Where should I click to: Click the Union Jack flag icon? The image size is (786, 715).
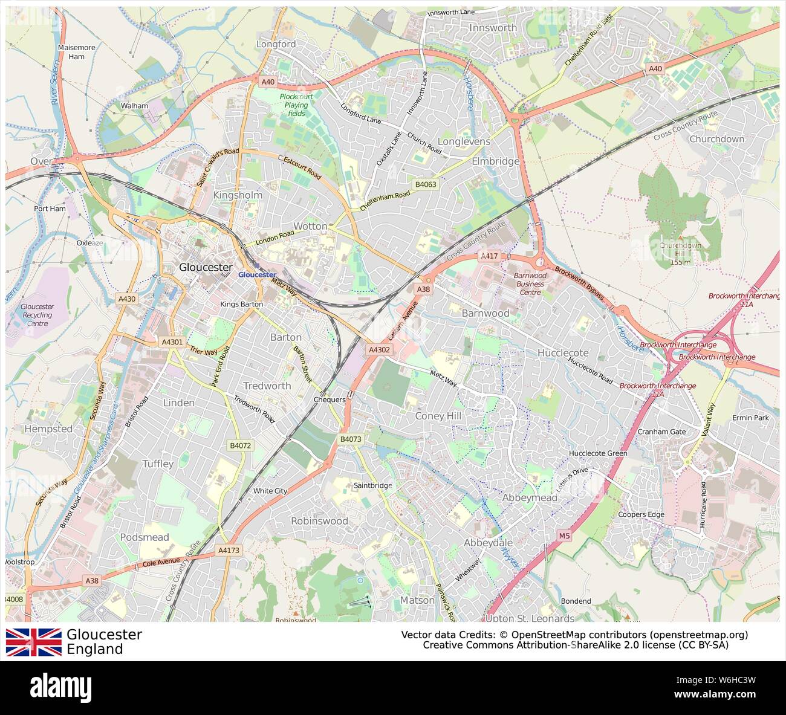34,642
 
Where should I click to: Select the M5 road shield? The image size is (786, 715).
564,536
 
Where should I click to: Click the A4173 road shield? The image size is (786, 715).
229,551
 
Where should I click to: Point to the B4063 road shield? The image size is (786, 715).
426,183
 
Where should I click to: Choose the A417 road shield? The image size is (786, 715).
489,256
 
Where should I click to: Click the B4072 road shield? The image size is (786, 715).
240,445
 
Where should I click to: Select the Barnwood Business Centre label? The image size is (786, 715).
530,283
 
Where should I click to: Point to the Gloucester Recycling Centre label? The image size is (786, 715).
37,315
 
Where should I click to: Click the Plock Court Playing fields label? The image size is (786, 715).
296,105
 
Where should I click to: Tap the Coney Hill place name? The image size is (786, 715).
438,416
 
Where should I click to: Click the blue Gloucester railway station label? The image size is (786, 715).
257,274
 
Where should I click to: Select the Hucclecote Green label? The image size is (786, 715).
598,453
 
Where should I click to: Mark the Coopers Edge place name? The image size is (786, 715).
641,515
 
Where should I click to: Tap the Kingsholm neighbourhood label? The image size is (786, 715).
238,195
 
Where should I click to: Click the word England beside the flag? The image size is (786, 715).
95,650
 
